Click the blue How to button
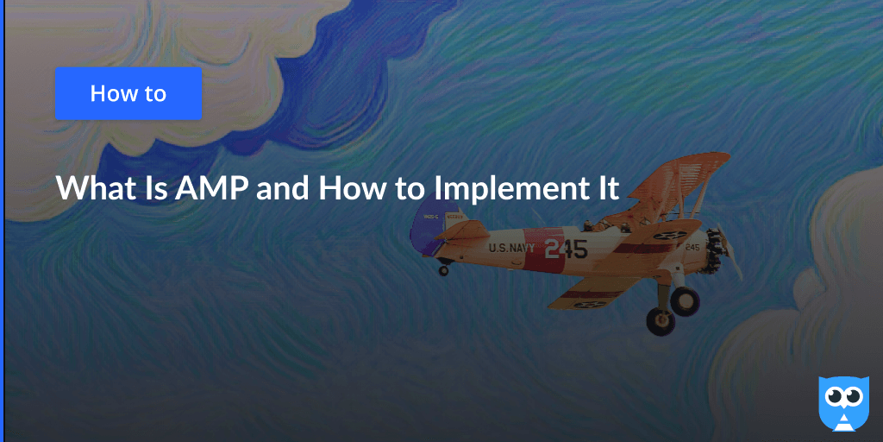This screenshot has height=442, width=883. [x=128, y=93]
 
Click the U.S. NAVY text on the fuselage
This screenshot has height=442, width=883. [x=511, y=249]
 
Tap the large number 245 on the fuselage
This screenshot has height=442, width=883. [x=565, y=249]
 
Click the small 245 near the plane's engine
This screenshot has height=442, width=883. [x=692, y=247]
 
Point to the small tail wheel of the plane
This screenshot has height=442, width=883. [x=444, y=270]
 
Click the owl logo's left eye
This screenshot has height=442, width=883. [x=834, y=396]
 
